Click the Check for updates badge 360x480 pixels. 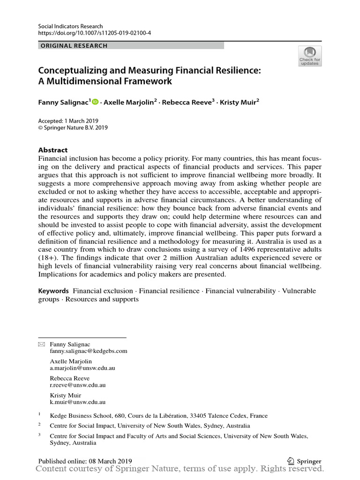click(309, 56)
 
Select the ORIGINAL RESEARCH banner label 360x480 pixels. click(74, 45)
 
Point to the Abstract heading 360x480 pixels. click(52, 150)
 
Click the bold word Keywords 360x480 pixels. click(53, 291)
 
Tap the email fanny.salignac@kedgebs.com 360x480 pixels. click(89, 351)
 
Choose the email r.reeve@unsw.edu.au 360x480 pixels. click(78, 385)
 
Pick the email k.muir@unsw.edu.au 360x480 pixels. click(77, 402)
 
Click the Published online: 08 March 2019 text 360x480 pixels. click(85, 461)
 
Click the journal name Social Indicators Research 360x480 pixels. click(70, 26)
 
